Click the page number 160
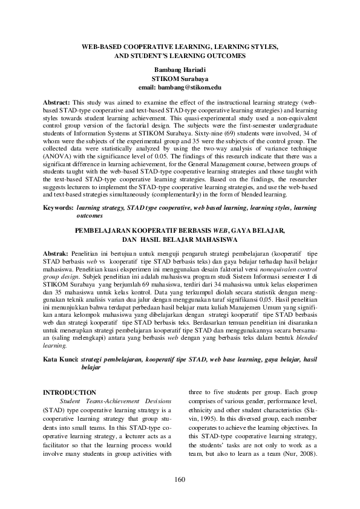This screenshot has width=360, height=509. [x=179, y=480]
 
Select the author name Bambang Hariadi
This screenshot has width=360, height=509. [x=180, y=71]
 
